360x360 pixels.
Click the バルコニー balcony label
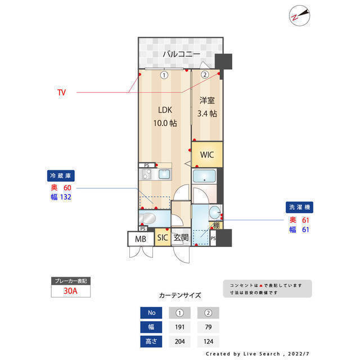(182, 55)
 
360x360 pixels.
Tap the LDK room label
(164, 110)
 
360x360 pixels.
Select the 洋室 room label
(207, 101)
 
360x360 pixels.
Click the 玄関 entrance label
(181, 238)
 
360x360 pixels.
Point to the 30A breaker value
(70, 291)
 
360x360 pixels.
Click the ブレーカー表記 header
(70, 280)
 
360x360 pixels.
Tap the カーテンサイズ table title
(180, 295)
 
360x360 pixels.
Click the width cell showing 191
(181, 327)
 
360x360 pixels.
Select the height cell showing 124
(208, 341)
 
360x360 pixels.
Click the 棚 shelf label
(216, 226)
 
